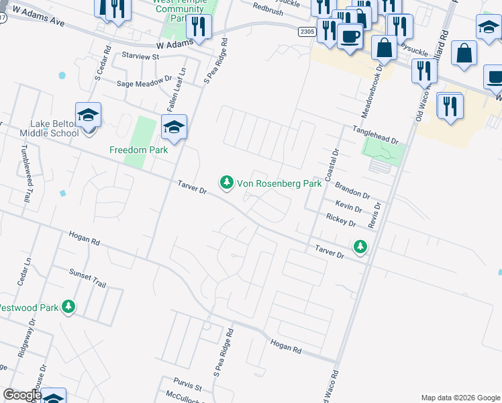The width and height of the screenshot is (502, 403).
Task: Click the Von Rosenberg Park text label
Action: pyautogui.click(x=280, y=183)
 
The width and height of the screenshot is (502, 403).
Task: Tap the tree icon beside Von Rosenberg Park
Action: pyautogui.click(x=227, y=182)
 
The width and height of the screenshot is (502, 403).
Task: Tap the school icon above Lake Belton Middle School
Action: pyautogui.click(x=88, y=115)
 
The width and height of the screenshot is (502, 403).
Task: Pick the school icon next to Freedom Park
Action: pyautogui.click(x=174, y=127)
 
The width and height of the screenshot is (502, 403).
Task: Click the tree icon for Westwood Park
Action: pyautogui.click(x=68, y=307)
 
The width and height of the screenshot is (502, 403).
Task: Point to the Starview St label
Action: pyautogui.click(x=140, y=57)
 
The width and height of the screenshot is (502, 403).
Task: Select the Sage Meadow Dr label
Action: pyautogui.click(x=144, y=83)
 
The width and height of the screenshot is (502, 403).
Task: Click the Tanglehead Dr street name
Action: pyautogui.click(x=376, y=136)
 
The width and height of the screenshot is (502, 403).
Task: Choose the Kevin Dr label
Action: pyautogui.click(x=349, y=207)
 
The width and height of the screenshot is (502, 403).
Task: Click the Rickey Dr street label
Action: pyautogui.click(x=341, y=220)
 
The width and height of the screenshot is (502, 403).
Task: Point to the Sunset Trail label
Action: pyautogui.click(x=88, y=279)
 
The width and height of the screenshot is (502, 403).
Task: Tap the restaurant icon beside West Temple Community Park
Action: pyautogui.click(x=199, y=27)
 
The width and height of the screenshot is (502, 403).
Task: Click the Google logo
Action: pyautogui.click(x=22, y=396)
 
